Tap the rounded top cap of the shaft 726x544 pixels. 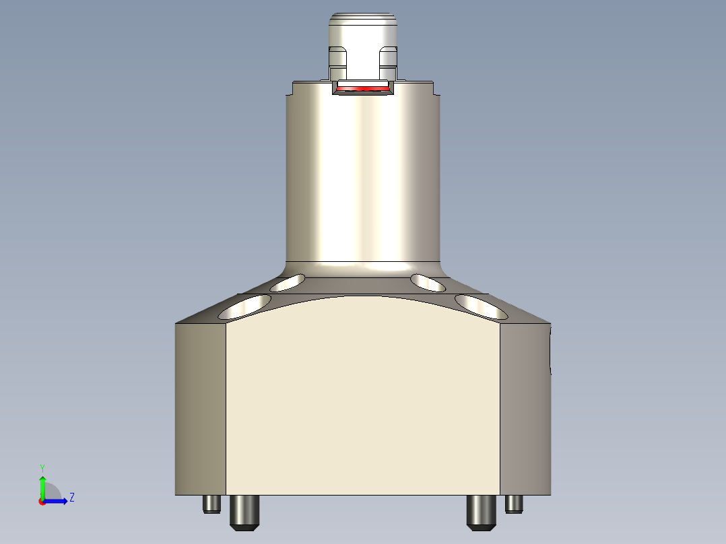[363, 27]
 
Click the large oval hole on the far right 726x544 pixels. [482, 306]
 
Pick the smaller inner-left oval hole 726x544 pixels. [288, 283]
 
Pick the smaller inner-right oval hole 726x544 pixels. [428, 283]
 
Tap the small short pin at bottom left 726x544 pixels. [211, 504]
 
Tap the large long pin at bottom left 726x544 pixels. [244, 512]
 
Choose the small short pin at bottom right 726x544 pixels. [515, 503]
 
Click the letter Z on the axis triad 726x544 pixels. [71, 498]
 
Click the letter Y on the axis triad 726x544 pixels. [42, 467]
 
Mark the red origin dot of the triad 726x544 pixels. [42, 502]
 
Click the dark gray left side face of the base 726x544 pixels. [200, 409]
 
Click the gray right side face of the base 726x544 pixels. [525, 409]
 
